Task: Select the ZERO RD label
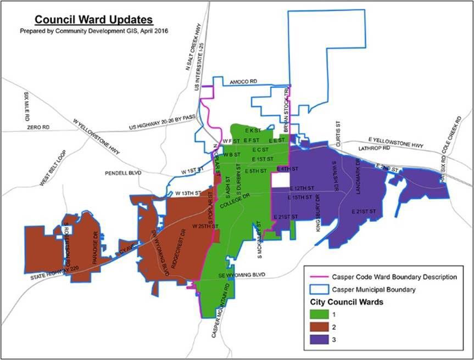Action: tap(38, 127)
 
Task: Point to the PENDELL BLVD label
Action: tap(123, 172)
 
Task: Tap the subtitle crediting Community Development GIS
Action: tap(94, 32)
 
